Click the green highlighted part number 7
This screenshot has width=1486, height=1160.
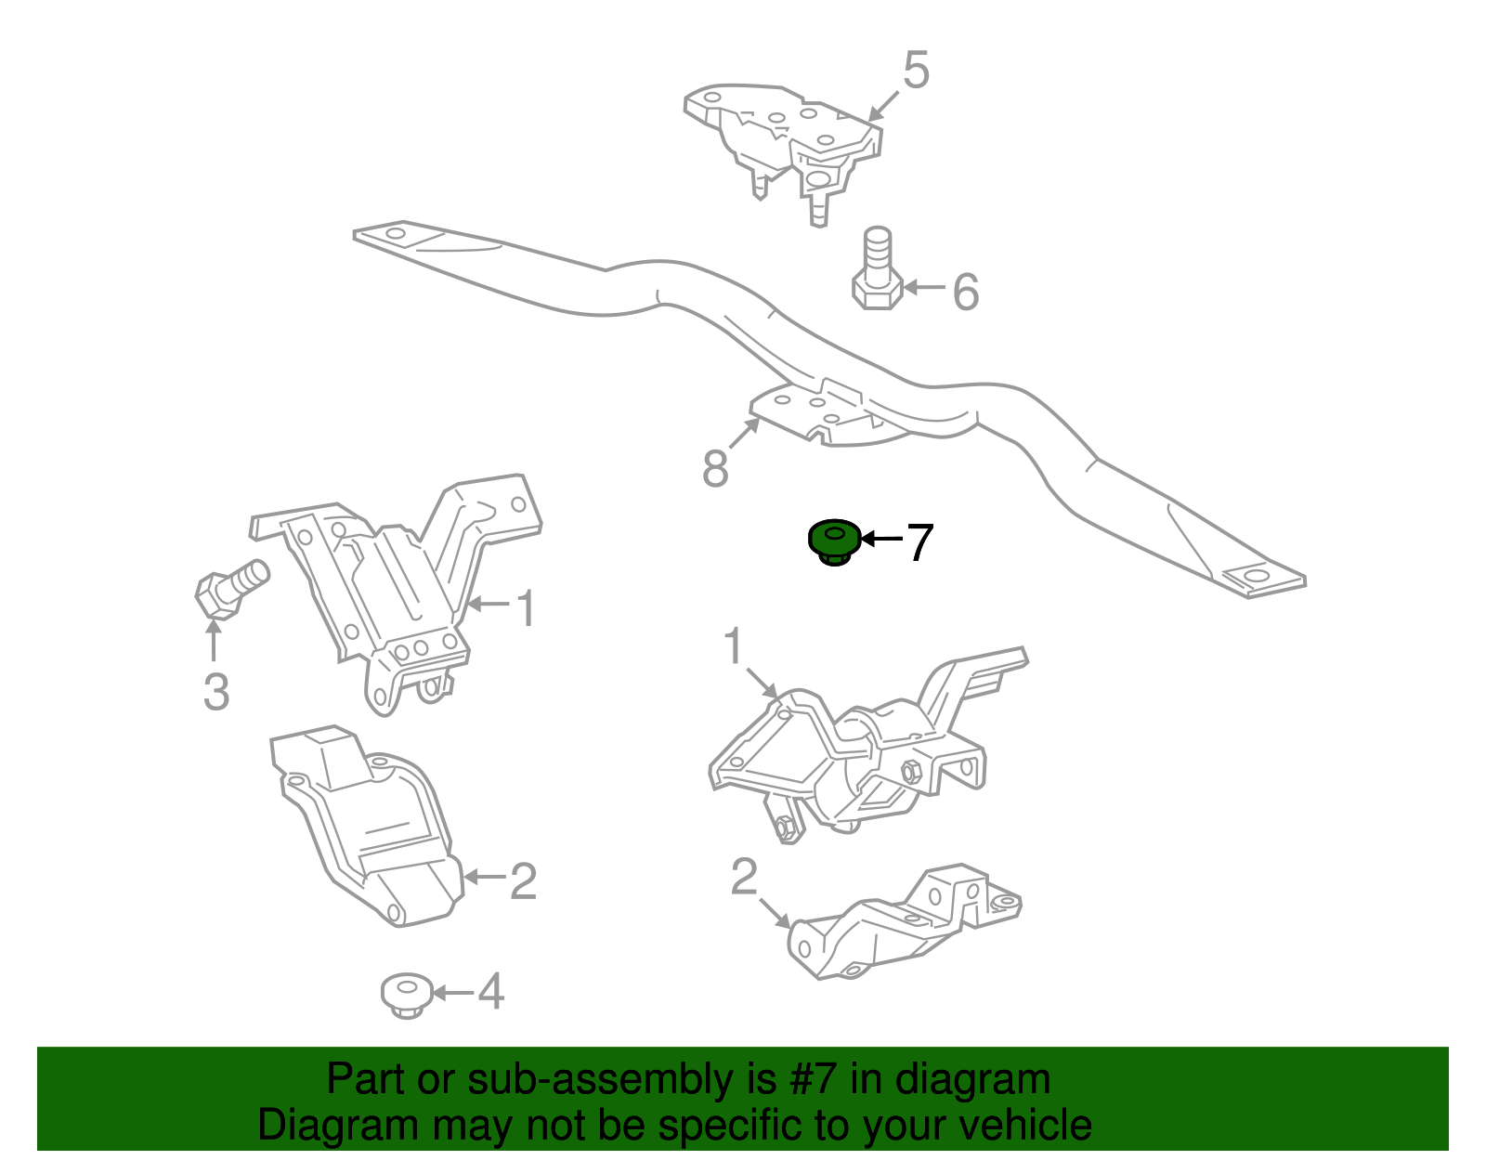pos(833,541)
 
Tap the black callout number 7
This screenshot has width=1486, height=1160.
pos(919,542)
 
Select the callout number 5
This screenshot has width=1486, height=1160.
pos(916,71)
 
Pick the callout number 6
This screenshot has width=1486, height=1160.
pos(966,292)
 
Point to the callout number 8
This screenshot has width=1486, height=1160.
pos(715,469)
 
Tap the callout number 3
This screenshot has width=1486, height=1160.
pos(215,692)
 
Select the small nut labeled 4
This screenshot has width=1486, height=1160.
pos(406,995)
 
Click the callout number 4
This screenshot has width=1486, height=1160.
pos(490,992)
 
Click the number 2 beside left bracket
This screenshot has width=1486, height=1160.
pos(523,881)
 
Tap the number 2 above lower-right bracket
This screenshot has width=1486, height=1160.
pos(744,877)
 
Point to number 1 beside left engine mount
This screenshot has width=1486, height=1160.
pos(526,609)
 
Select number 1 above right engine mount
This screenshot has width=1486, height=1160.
pos(734,646)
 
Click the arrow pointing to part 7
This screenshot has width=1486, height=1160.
pos(881,539)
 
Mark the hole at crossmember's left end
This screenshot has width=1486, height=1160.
pos(395,232)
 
